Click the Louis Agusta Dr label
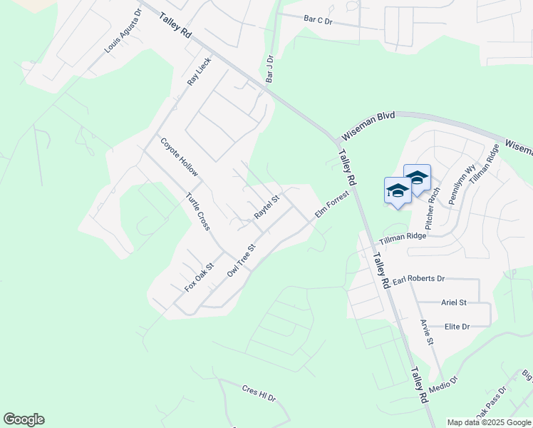point(123,33)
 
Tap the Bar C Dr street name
point(318,21)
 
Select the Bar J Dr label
point(269,69)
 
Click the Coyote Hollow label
point(179,158)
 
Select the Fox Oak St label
point(200,278)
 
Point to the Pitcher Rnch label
point(434,203)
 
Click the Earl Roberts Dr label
point(419,278)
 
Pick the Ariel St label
point(453,302)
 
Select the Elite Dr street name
point(457,327)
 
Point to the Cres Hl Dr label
point(259,392)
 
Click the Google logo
point(24,419)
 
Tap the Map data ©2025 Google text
point(489,422)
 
